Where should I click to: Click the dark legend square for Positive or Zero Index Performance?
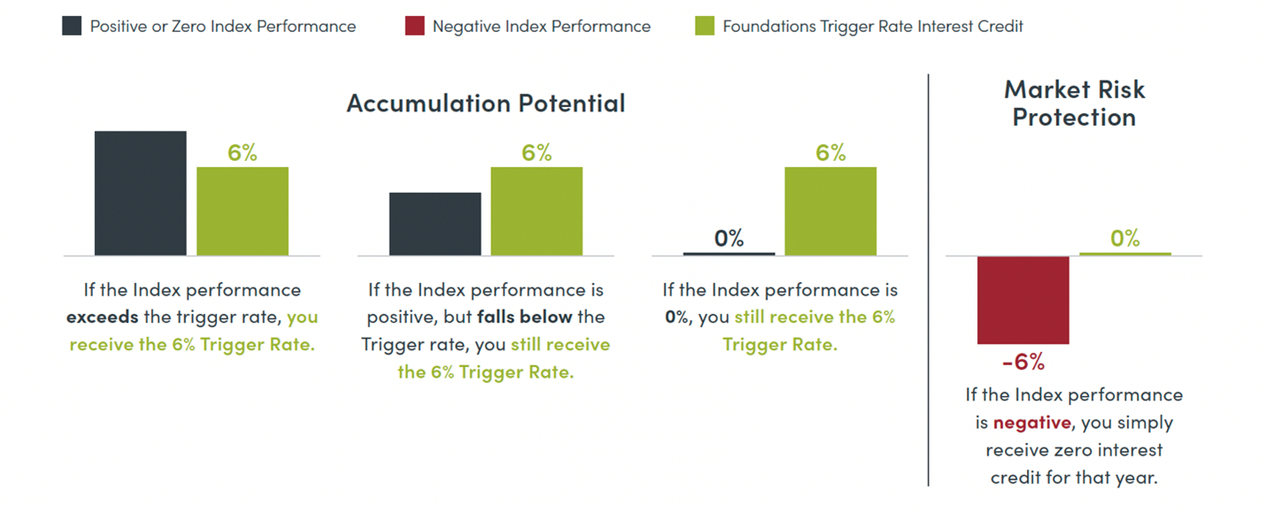[71, 26]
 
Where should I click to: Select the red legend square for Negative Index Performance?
[414, 26]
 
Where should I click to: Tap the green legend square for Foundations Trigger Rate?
[705, 26]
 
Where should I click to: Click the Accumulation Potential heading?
[486, 103]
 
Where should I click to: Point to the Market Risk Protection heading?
[1074, 103]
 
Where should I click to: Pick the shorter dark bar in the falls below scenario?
[435, 224]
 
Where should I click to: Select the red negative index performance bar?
[1023, 300]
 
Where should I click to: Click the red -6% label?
[1023, 362]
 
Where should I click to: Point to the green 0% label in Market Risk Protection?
[1124, 239]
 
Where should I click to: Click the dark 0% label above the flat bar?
[729, 239]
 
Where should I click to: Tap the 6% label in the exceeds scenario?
[242, 153]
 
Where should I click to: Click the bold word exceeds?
[103, 317]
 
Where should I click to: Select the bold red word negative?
[1031, 423]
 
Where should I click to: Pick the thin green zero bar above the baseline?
[1124, 254]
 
